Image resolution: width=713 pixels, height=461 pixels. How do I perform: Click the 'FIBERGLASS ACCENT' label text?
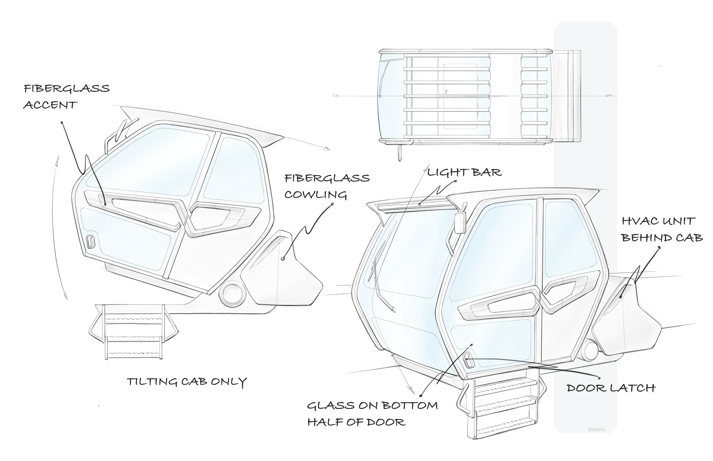[66, 97]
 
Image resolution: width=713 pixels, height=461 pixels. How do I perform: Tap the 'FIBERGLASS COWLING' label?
[327, 186]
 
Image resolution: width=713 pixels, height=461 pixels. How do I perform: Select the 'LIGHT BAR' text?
[464, 173]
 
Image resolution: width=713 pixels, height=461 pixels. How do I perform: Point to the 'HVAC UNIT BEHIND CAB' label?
[662, 229]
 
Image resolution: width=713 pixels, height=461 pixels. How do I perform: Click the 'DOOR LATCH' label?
[611, 388]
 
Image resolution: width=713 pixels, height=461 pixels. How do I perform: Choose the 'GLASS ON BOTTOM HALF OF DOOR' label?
[372, 413]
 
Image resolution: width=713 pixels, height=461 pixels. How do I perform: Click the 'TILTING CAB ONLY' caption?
[187, 382]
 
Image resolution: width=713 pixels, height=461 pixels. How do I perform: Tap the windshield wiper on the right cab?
[382, 282]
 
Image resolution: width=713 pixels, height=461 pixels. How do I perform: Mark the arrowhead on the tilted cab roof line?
[327, 149]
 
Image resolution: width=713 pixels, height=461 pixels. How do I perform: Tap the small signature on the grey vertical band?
[596, 429]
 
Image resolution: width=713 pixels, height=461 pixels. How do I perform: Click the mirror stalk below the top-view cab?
[400, 153]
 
